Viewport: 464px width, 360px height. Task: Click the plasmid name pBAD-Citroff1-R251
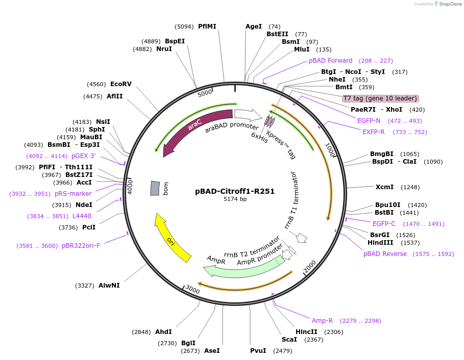[235, 192]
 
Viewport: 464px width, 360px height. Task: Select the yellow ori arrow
[171, 238]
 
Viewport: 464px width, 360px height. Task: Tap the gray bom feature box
[155, 188]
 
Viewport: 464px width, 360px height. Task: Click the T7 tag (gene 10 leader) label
[380, 98]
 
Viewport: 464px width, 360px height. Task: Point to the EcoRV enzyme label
[120, 84]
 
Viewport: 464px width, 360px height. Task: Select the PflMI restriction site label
[207, 26]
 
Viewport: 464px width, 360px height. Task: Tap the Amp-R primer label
[322, 321]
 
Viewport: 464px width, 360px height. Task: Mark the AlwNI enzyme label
[109, 286]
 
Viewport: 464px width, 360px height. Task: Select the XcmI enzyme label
[384, 187]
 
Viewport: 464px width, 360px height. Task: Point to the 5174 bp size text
[235, 199]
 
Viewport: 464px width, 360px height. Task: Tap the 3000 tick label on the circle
[192, 289]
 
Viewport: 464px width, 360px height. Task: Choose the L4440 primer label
[82, 216]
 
